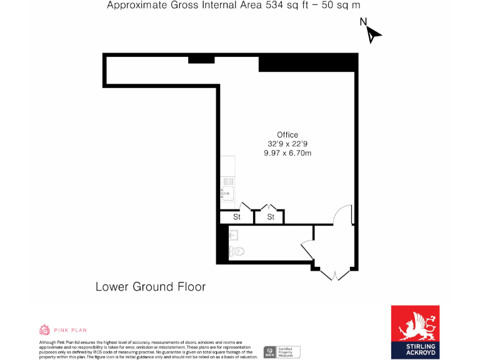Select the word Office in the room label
287,134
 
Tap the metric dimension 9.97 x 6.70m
287,153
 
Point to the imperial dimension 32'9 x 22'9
287,144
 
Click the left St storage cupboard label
237,217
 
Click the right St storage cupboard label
271,217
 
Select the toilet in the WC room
236,251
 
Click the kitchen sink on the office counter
226,192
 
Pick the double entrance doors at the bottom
335,274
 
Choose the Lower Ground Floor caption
150,287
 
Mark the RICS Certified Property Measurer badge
281,352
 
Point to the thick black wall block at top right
308,62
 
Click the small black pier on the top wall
201,59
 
